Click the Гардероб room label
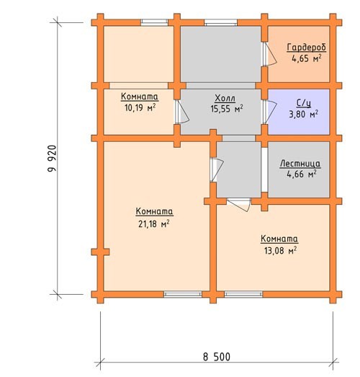click(x=307, y=48)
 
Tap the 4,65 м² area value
click(x=307, y=58)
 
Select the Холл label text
click(x=225, y=98)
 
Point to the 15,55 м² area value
click(x=227, y=109)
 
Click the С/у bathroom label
click(x=304, y=103)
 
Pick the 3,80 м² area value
click(x=304, y=114)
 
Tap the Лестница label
click(x=300, y=164)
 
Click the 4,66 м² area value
click(x=302, y=174)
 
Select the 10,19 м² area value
click(x=140, y=107)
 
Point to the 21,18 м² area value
click(x=153, y=224)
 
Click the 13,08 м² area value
click(x=280, y=251)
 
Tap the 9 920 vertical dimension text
click(x=52, y=159)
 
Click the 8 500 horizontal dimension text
click(x=217, y=357)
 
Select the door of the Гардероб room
click(x=269, y=54)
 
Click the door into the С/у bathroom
click(x=269, y=112)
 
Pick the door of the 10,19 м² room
click(x=181, y=112)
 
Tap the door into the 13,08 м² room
click(x=239, y=205)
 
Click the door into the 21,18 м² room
click(x=217, y=169)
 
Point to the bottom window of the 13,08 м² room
click(x=243, y=294)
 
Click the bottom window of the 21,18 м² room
click(x=183, y=294)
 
